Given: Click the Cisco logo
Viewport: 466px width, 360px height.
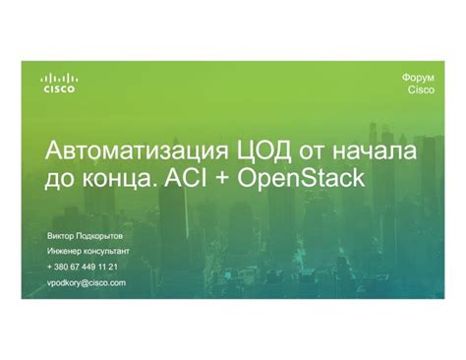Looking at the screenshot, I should coord(59,83).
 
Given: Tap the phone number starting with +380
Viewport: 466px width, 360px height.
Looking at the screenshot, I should coord(83,267).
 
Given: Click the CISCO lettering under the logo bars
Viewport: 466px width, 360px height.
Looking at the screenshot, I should coord(59,89).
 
